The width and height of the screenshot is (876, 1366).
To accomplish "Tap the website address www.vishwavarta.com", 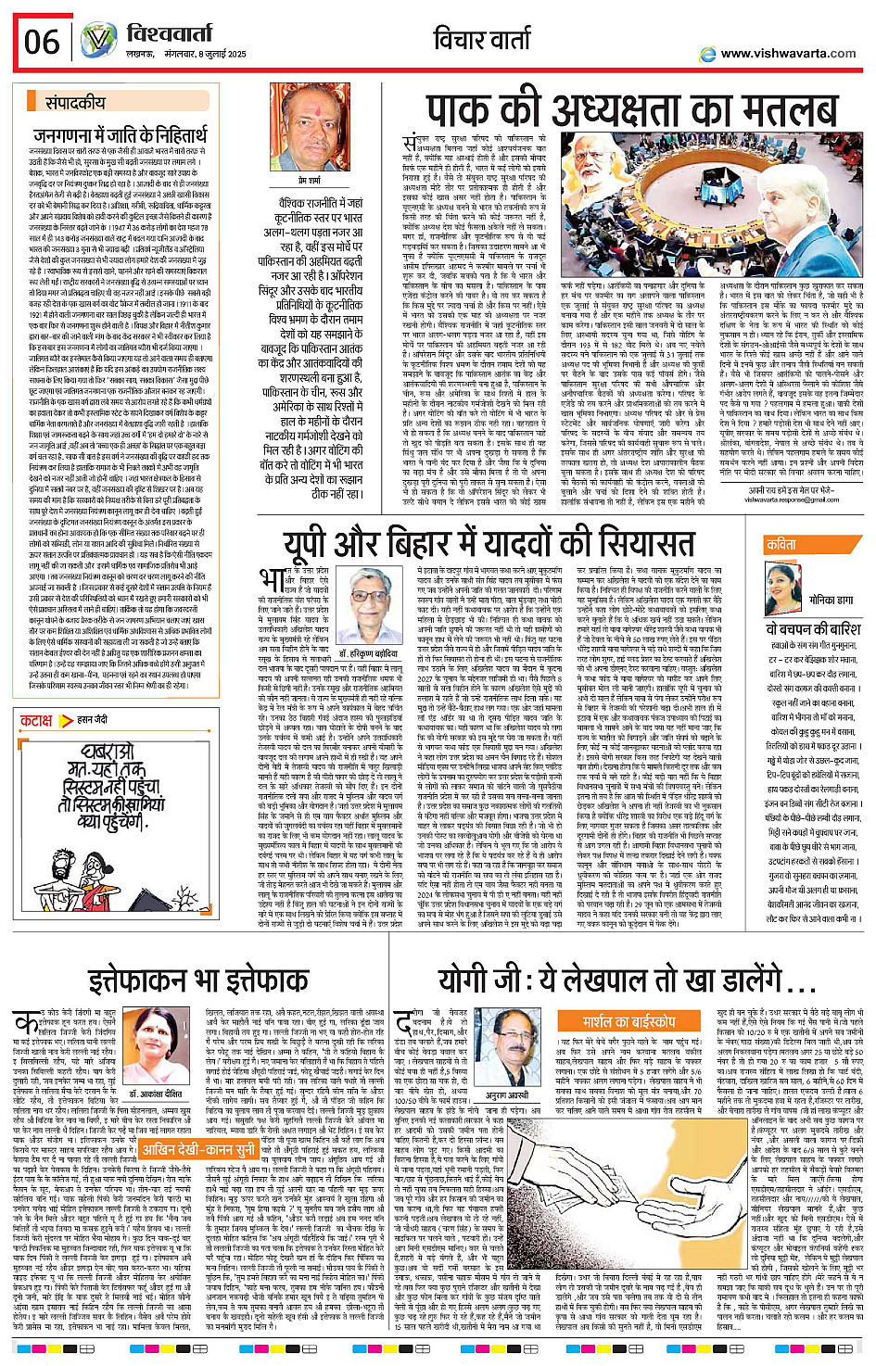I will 787,53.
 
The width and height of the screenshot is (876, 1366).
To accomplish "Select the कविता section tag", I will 781,546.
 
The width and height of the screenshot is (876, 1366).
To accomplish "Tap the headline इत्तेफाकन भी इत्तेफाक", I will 198,980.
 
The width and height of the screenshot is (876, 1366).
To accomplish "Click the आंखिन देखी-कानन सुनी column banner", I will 198,1151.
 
